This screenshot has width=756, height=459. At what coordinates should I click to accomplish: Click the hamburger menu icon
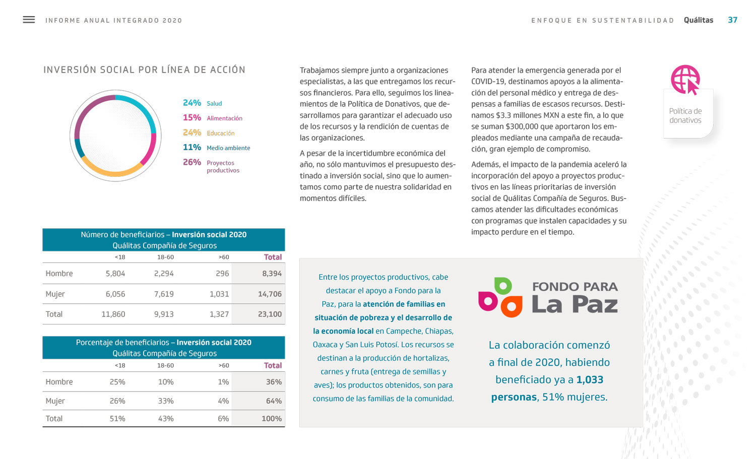click(x=29, y=20)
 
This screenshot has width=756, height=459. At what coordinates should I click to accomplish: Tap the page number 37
click(x=732, y=20)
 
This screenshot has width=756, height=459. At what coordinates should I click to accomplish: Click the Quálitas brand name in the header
click(x=698, y=20)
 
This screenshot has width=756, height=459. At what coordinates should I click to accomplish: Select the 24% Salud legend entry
click(x=202, y=103)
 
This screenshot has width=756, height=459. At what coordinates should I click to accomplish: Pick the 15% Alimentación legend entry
click(x=212, y=118)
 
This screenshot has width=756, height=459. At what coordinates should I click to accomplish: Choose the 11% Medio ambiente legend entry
click(x=216, y=148)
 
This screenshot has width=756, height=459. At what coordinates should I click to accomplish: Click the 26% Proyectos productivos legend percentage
click(x=192, y=162)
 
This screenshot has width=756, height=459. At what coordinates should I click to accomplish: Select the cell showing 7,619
click(x=164, y=294)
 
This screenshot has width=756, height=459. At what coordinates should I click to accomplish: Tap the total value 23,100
click(x=270, y=314)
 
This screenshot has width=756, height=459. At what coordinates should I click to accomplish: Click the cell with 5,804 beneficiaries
click(x=115, y=274)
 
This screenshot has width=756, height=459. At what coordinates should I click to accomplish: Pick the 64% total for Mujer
click(x=274, y=401)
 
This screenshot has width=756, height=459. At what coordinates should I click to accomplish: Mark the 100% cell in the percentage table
click(x=272, y=419)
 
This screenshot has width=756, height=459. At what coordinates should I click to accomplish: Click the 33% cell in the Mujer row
click(x=166, y=401)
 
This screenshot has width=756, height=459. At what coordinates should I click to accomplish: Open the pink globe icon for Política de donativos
click(x=685, y=79)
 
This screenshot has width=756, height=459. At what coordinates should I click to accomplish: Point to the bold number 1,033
click(x=590, y=380)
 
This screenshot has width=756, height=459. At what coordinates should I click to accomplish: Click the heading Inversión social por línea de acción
click(x=144, y=70)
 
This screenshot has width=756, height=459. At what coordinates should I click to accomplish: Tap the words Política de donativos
click(x=685, y=116)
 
